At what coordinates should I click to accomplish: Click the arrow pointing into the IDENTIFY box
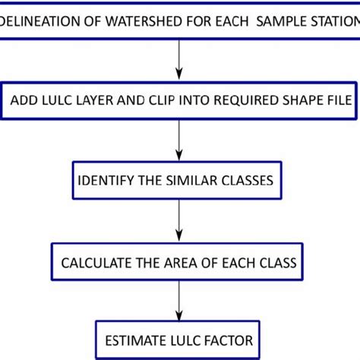(x=179, y=141)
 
